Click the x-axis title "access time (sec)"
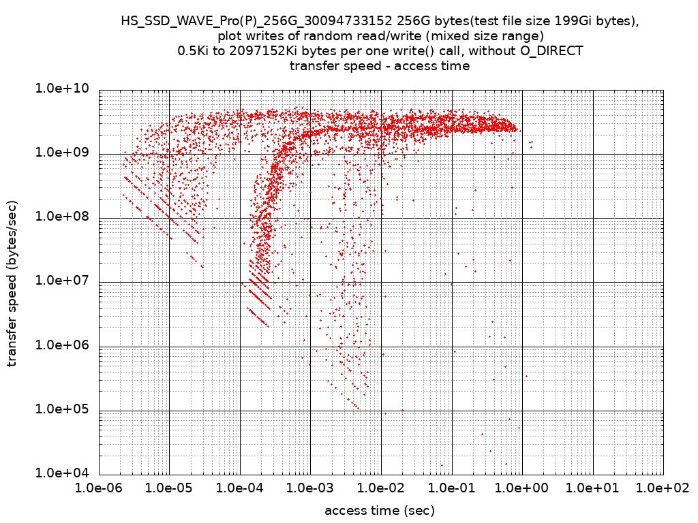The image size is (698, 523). click(x=380, y=511)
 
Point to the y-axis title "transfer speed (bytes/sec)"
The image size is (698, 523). click(x=13, y=283)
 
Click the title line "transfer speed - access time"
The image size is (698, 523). click(x=380, y=66)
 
